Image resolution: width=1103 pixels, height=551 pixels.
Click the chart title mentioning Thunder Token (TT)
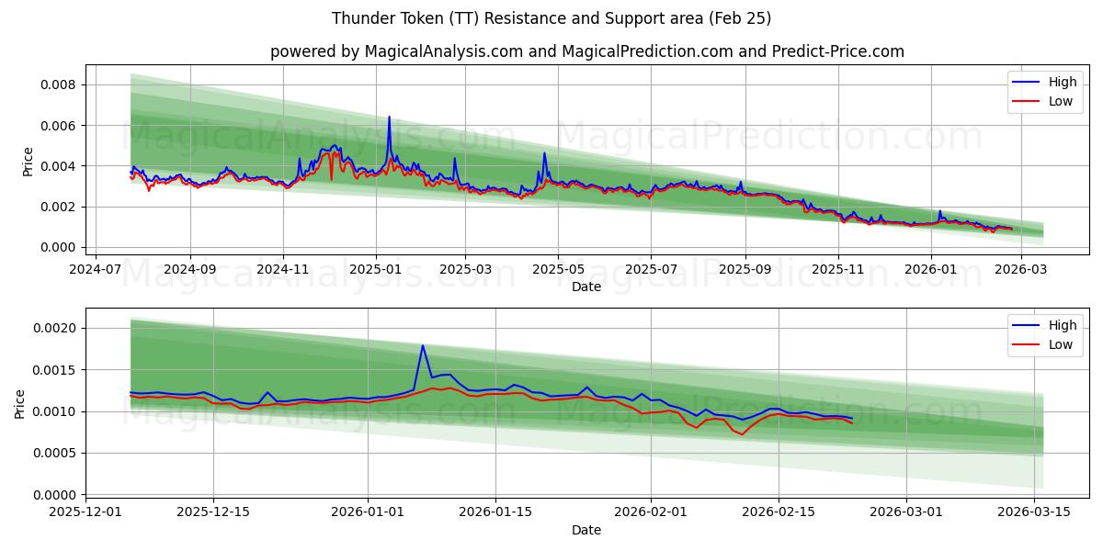point(551,18)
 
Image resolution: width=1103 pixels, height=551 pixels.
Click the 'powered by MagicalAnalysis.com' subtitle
point(586,51)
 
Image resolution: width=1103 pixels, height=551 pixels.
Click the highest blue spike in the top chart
point(389,118)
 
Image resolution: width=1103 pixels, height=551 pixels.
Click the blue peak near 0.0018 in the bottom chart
point(422,345)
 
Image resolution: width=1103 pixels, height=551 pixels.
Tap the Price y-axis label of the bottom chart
point(20,403)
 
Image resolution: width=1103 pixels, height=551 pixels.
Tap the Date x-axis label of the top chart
point(586,287)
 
